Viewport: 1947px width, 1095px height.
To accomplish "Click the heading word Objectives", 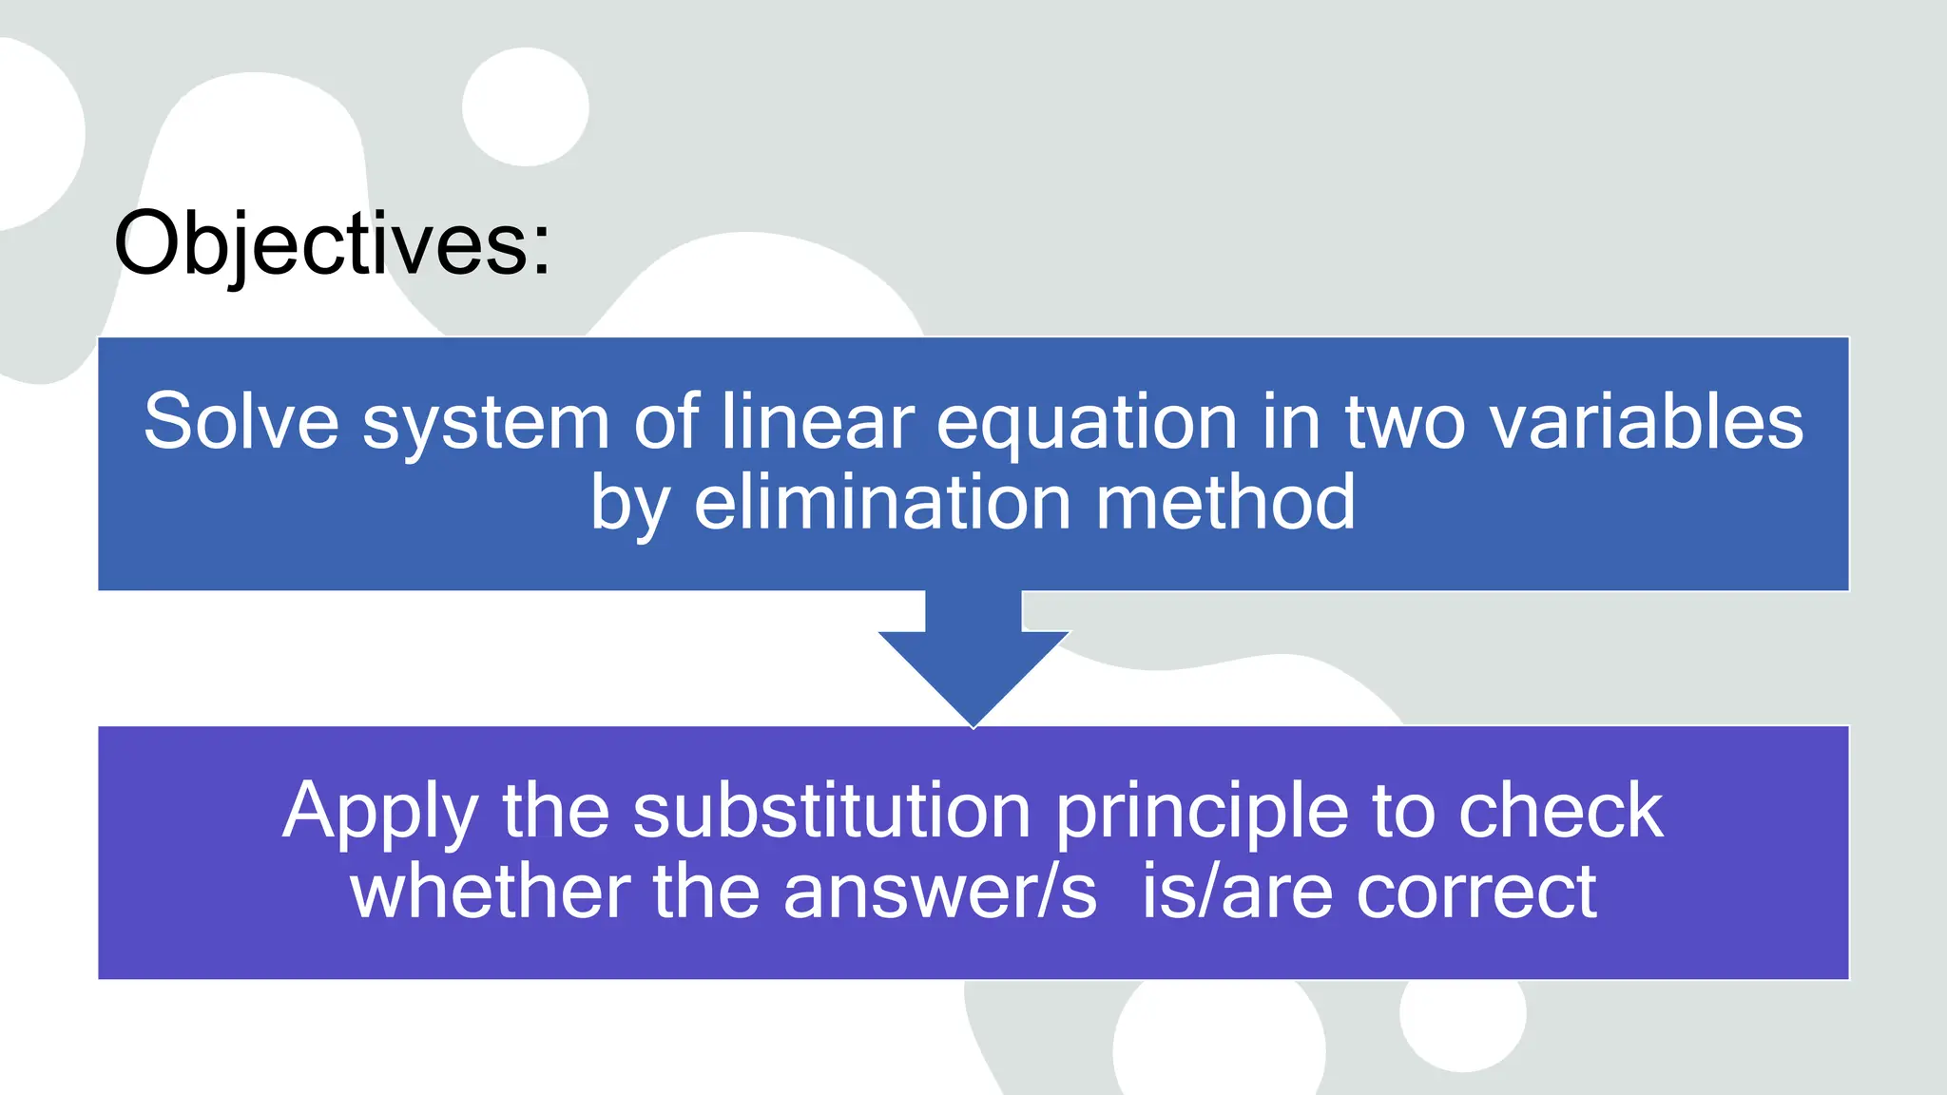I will (x=332, y=244).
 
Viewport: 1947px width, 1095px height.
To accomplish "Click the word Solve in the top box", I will (x=241, y=421).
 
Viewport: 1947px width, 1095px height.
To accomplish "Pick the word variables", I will (x=1646, y=421).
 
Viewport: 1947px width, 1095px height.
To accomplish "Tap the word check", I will (x=1560, y=811).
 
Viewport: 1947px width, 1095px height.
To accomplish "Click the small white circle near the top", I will (x=526, y=107).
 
